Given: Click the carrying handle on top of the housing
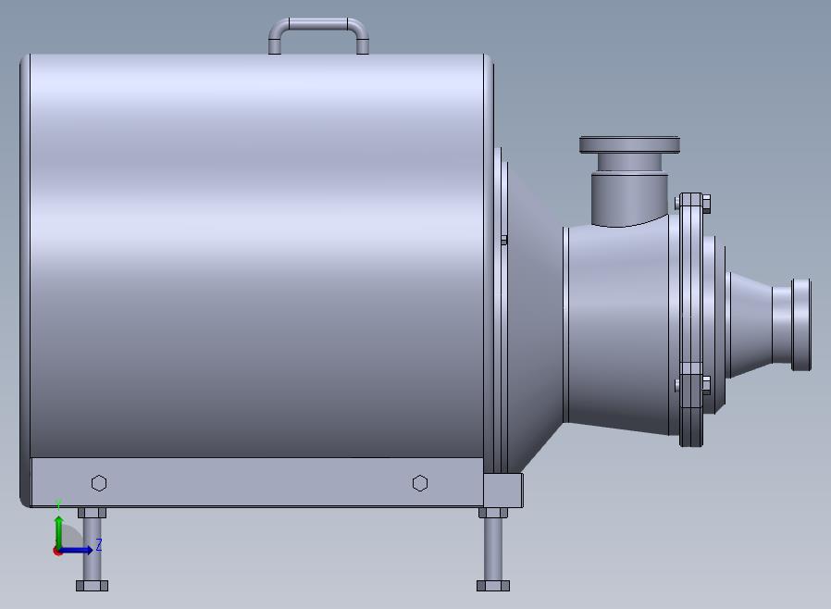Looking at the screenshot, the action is tap(318, 22).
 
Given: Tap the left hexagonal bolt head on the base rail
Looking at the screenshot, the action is tap(99, 483).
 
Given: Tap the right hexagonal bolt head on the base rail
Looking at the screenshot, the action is tap(420, 483).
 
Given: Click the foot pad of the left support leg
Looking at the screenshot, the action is tap(93, 586).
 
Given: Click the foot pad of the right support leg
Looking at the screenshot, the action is tap(493, 586).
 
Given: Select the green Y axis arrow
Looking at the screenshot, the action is tap(59, 533).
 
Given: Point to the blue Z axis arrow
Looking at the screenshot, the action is tap(75, 550).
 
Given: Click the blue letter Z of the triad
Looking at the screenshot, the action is tap(99, 544).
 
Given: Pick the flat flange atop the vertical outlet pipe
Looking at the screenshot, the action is tap(629, 144).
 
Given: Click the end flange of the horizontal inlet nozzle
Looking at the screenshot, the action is tap(800, 324).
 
